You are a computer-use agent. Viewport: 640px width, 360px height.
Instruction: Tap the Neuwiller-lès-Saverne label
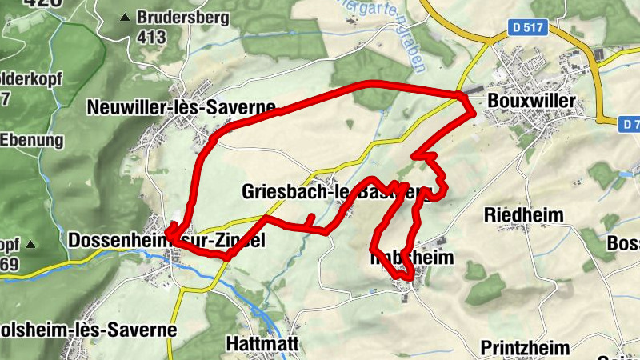181,106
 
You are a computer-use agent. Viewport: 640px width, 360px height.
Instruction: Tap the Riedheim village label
524,215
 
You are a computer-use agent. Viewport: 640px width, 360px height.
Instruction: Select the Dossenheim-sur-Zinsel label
166,240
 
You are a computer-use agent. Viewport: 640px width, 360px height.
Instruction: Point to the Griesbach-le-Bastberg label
336,192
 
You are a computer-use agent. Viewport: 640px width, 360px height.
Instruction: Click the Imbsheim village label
412,258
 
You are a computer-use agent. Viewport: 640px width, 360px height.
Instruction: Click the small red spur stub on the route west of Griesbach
310,219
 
